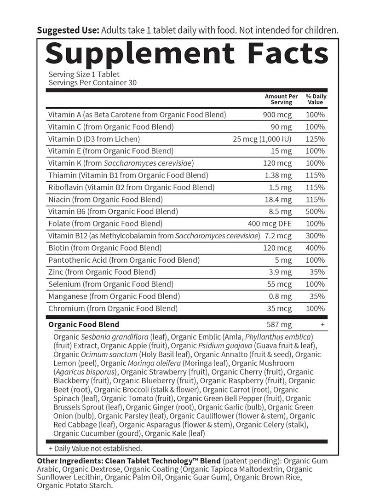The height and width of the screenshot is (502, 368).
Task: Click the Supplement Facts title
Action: click(187, 54)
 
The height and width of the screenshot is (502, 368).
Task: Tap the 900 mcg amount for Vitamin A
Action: click(277, 115)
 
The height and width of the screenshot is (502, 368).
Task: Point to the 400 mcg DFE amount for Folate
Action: click(270, 224)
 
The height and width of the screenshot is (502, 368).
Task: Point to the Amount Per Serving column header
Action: click(282, 99)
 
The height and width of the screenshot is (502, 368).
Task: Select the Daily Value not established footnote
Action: click(95, 448)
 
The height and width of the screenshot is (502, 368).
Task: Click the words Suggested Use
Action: click(68, 31)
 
